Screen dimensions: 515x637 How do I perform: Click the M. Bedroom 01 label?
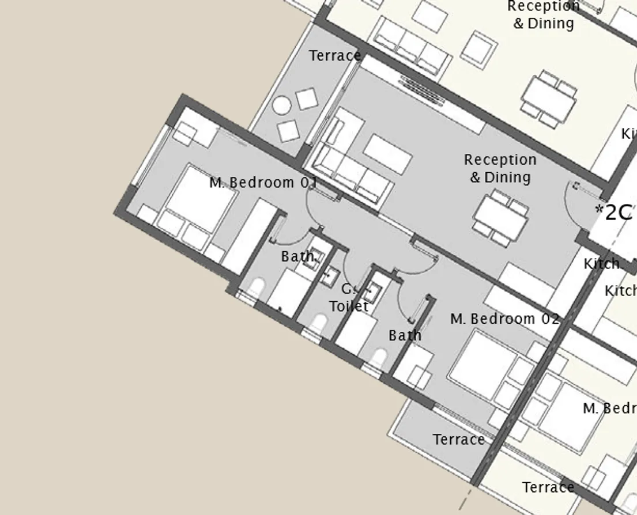(x=263, y=183)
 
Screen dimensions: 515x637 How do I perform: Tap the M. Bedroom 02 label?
(x=504, y=319)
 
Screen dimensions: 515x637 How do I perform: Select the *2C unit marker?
(x=614, y=212)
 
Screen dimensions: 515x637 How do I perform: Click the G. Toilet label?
(x=349, y=298)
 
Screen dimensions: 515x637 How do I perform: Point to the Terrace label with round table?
(x=335, y=56)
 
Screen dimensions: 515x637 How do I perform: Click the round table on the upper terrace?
(x=282, y=105)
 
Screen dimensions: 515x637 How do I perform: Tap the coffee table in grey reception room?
(x=387, y=154)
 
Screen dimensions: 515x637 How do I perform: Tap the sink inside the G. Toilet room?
(x=330, y=277)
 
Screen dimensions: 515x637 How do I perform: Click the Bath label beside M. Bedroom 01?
(x=299, y=256)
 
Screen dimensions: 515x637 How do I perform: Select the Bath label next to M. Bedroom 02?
(x=405, y=335)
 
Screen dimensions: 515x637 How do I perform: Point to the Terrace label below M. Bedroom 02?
(x=459, y=440)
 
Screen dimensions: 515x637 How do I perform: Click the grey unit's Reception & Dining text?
(x=500, y=168)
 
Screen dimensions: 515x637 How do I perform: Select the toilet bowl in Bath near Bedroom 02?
(x=379, y=358)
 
